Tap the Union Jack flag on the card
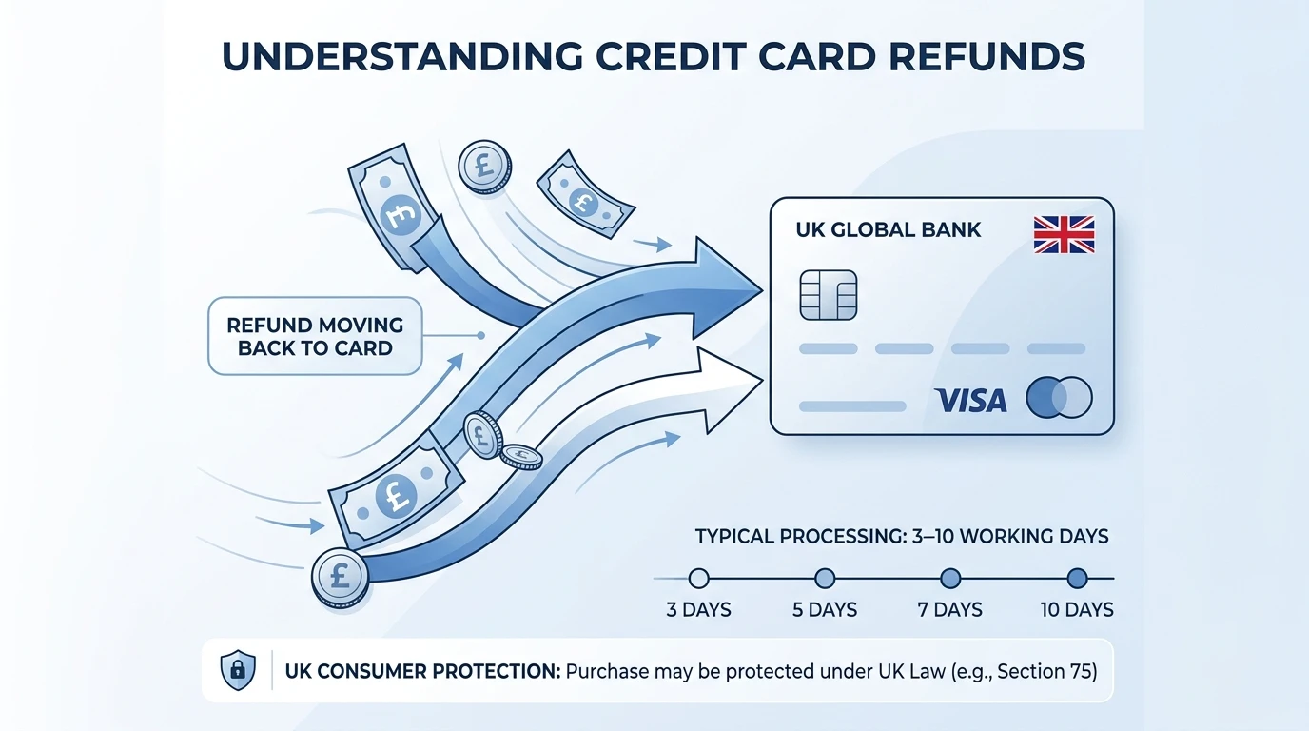point(1064,234)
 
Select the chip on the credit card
point(829,295)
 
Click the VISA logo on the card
point(970,400)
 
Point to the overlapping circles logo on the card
point(1060,398)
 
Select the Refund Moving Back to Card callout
point(315,336)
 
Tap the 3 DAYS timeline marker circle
point(699,578)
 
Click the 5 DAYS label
point(825,609)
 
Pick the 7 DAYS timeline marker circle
point(950,578)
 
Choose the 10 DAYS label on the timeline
point(1077,609)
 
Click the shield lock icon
point(237,670)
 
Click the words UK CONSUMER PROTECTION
point(422,671)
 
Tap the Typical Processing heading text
point(901,536)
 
